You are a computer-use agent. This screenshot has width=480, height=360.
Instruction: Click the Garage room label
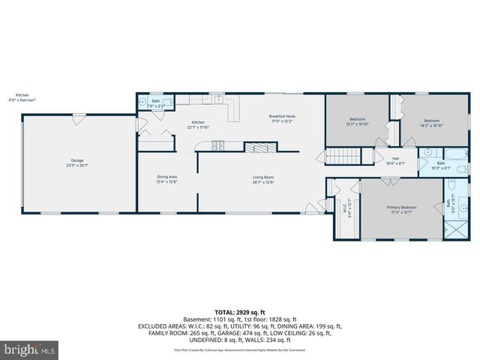coord(77,160)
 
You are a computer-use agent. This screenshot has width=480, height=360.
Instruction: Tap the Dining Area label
coord(166,176)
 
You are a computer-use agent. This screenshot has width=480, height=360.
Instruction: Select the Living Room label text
coord(263,176)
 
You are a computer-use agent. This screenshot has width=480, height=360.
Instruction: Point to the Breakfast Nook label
coord(282,116)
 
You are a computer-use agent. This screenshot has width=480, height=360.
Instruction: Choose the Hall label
coord(395,158)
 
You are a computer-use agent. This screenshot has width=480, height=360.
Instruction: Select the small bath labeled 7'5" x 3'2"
coord(156,103)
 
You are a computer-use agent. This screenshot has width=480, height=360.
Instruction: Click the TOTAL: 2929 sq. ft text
coord(240,311)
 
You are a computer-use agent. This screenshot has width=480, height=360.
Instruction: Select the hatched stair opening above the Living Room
coord(262,148)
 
